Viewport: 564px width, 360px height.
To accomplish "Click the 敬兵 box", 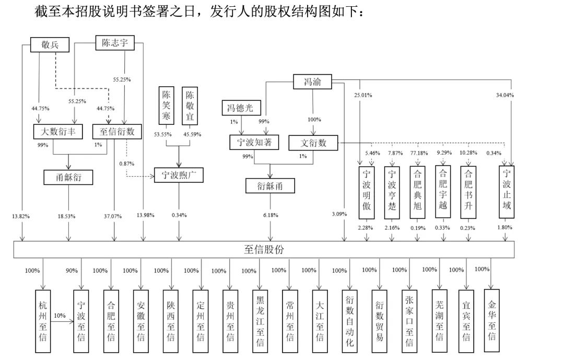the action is point(50,44).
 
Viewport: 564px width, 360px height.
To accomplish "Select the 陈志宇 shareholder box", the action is point(115,43).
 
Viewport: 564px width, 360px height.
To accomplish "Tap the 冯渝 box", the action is point(312,82).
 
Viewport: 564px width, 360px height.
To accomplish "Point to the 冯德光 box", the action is point(241,108).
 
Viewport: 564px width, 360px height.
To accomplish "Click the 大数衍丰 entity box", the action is point(58,131).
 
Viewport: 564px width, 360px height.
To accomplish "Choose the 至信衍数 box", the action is point(117,131).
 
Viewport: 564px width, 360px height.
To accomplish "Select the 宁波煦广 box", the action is point(179,175).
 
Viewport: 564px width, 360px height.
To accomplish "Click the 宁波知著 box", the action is point(254,142).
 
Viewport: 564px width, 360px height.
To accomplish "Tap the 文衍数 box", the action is point(313,143).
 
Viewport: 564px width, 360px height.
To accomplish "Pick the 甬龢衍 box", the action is point(68,177).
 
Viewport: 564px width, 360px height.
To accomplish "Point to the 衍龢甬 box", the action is point(270,186).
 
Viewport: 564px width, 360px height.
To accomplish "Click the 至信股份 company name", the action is point(264,249).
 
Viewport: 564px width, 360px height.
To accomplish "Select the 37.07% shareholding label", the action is point(113,216).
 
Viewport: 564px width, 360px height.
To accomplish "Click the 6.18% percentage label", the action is point(271,215).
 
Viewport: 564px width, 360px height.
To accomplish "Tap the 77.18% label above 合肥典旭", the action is point(419,153).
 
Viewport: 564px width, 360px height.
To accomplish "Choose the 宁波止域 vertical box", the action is point(507,192).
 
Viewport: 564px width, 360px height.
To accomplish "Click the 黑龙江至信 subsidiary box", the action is point(260,321).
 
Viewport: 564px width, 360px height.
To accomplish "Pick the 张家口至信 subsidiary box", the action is point(409,321).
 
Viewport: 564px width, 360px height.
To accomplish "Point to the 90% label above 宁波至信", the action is point(72,270).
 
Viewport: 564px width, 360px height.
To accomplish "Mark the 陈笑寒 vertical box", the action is point(166,106).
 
